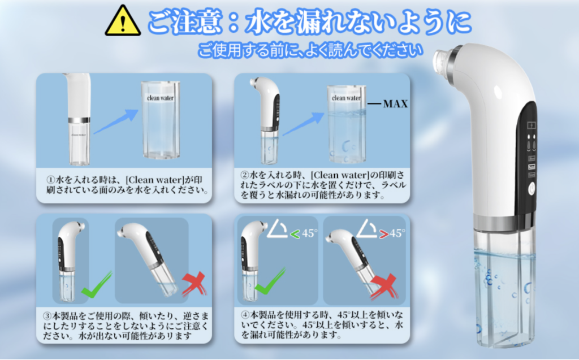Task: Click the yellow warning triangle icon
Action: pos(123,21)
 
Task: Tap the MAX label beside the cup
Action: pos(395,104)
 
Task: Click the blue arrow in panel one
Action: pos(115,121)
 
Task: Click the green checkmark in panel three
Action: pos(96,285)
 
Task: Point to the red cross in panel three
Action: pos(194,284)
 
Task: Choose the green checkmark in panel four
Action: pos(270,281)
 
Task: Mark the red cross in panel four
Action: pos(384,287)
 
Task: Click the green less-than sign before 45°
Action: pos(295,234)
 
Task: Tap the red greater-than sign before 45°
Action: pos(384,234)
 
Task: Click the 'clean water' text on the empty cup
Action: pos(160,98)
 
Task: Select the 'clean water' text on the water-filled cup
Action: pos(346,98)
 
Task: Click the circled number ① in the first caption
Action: pos(50,180)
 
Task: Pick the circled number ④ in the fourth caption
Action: pos(245,315)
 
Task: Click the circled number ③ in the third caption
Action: pos(47,316)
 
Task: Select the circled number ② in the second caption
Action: pos(244,175)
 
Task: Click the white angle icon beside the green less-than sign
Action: pos(277,228)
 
